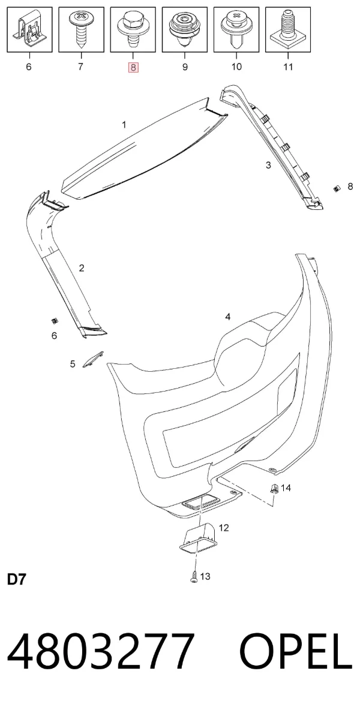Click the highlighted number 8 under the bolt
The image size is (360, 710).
[x=133, y=67]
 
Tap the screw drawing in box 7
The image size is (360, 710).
[x=81, y=28]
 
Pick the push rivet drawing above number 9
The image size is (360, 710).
[x=184, y=29]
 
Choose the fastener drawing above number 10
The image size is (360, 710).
[x=236, y=29]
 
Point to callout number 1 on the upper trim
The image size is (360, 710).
[x=124, y=125]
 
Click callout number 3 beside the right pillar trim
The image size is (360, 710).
[x=268, y=166]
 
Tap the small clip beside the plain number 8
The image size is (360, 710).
[x=337, y=188]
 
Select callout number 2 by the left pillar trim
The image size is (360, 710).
[x=82, y=268]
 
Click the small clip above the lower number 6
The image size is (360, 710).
[x=55, y=321]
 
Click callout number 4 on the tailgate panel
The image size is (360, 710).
[x=228, y=317]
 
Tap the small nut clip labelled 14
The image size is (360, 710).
[x=274, y=488]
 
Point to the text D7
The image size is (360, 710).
[x=17, y=580]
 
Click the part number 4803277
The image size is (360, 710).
[x=101, y=652]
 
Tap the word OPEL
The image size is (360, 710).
[x=296, y=652]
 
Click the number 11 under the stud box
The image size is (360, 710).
[x=288, y=67]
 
